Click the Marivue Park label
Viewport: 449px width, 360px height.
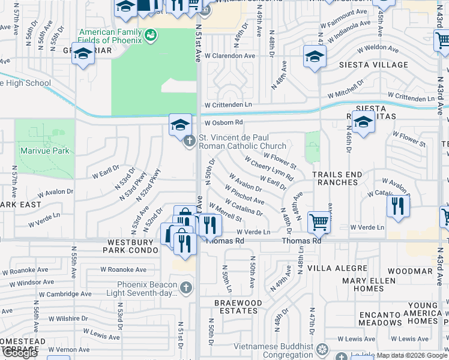(x=44, y=151)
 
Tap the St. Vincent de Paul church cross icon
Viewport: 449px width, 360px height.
(x=189, y=142)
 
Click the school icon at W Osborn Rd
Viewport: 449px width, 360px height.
(x=180, y=125)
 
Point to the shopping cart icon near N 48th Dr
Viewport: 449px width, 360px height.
(x=319, y=222)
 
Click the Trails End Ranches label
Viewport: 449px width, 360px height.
(x=337, y=178)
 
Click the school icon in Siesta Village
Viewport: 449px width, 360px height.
(x=314, y=57)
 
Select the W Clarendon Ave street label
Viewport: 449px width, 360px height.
(x=230, y=56)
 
